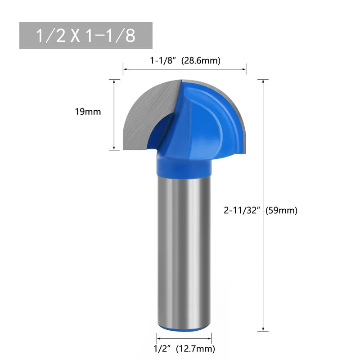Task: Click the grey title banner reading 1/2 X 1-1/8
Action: coord(86,36)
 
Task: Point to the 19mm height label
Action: coord(88,112)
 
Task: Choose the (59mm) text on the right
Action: coord(282,210)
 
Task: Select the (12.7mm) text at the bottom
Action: coord(195,348)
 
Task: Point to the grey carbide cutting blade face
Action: coord(144,117)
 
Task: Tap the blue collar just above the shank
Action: coord(183,165)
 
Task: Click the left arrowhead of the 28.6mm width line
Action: coord(125,69)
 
